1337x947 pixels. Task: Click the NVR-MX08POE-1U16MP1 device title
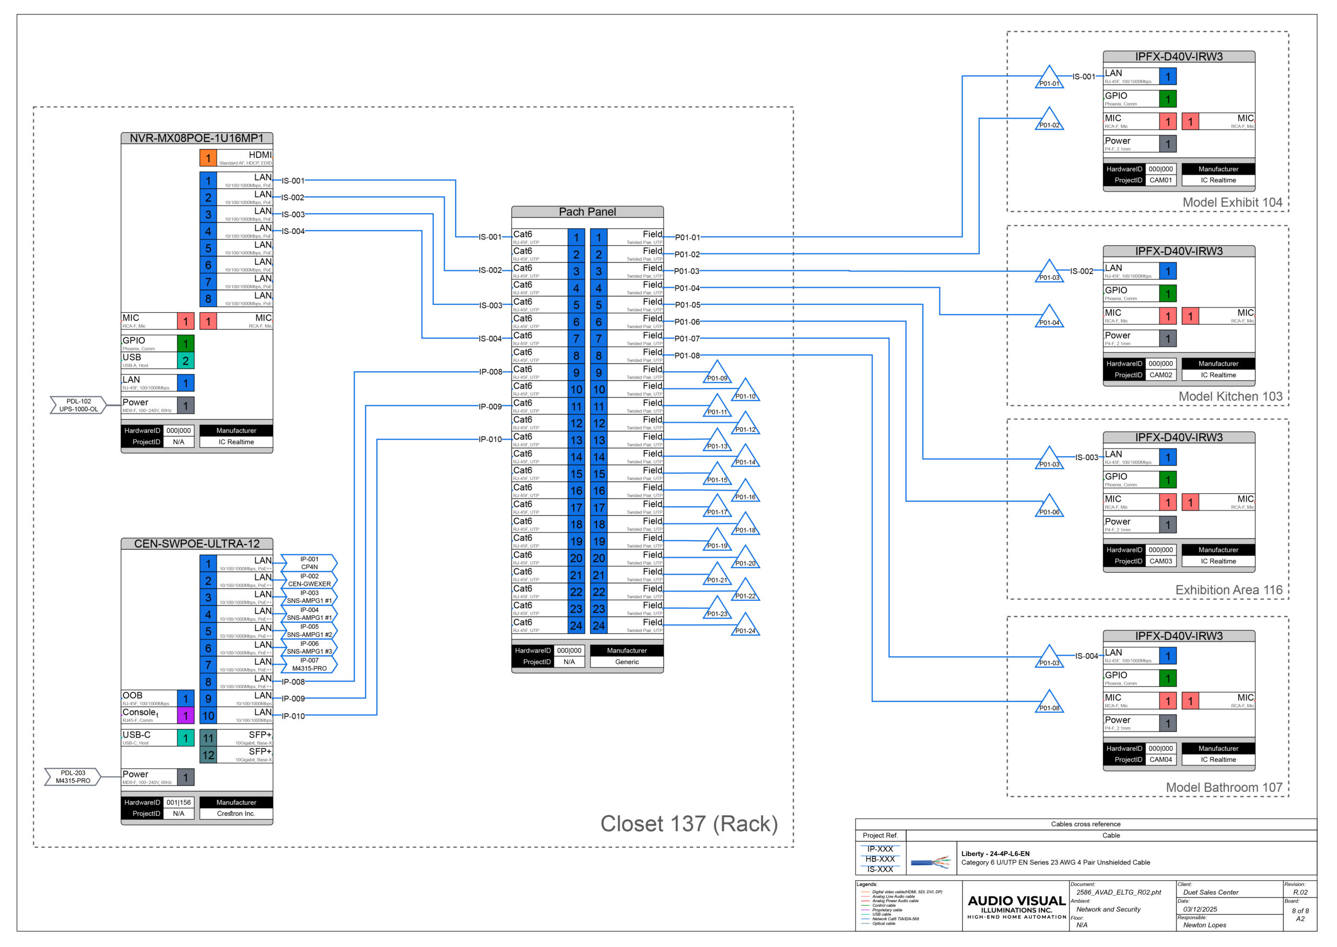click(x=196, y=138)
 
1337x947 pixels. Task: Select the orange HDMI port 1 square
click(x=208, y=158)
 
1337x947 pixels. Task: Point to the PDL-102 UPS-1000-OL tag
click(x=78, y=405)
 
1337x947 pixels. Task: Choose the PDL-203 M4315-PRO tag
click(x=73, y=777)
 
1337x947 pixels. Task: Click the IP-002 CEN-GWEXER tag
click(x=309, y=580)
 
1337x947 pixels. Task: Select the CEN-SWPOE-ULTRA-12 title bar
click(x=196, y=544)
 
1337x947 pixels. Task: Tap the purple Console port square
click(x=185, y=716)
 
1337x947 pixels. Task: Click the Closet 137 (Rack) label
click(x=689, y=824)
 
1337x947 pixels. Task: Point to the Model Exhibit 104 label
click(x=1232, y=203)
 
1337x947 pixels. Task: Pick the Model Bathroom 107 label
click(x=1223, y=787)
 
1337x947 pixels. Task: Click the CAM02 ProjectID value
click(x=1160, y=375)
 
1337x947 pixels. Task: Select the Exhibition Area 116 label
click(x=1228, y=590)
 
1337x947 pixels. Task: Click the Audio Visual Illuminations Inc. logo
click(x=1016, y=906)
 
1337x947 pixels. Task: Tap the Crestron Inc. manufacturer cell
click(x=236, y=813)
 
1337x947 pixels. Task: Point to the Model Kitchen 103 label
click(x=1230, y=397)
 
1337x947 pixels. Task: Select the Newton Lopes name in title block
click(x=1204, y=925)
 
